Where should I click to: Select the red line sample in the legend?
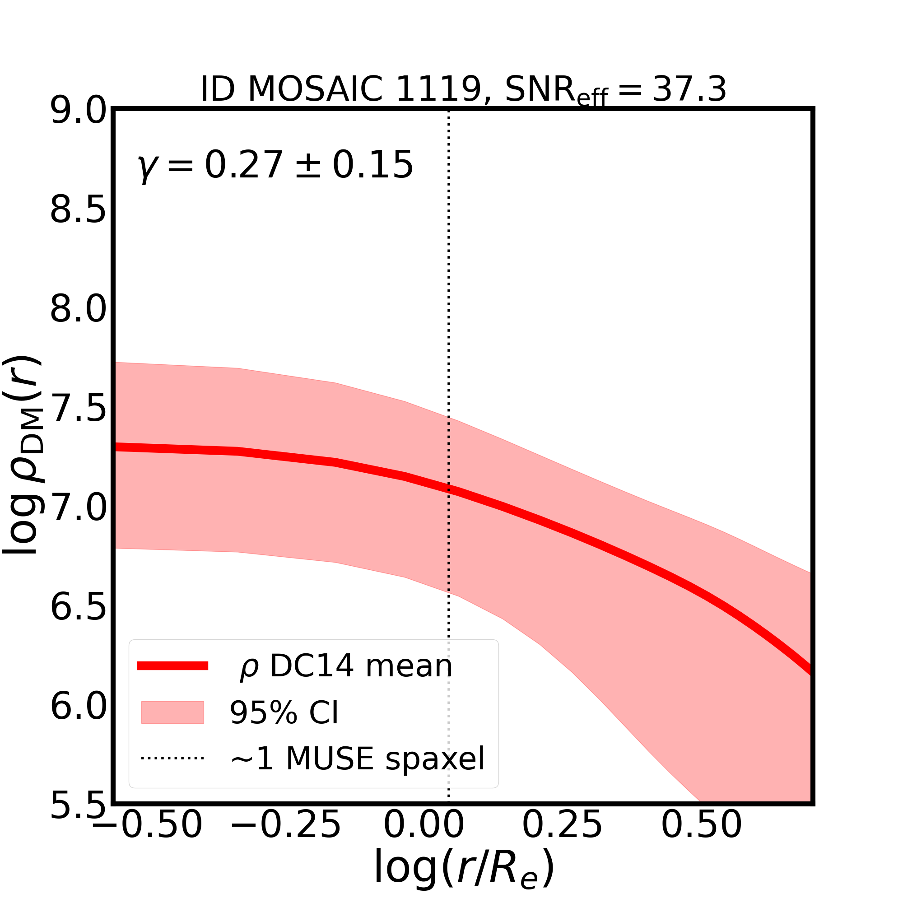tap(172, 666)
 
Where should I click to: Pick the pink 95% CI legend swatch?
tap(172, 712)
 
